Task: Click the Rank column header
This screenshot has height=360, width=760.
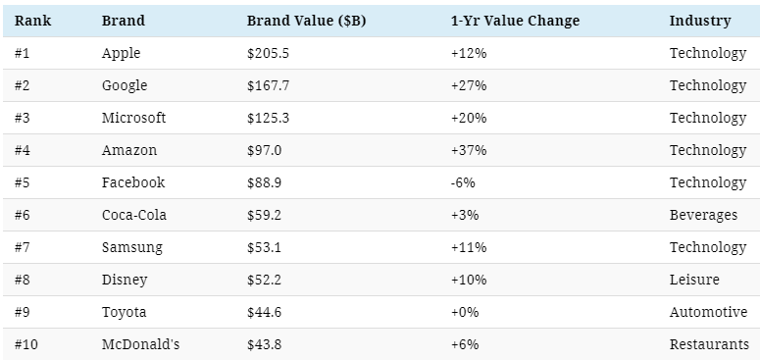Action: [32, 21]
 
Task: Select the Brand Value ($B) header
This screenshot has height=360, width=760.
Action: [306, 21]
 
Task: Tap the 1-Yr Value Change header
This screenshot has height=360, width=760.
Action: [515, 21]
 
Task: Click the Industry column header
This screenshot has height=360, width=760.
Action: [700, 21]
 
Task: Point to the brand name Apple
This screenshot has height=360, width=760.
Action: [122, 53]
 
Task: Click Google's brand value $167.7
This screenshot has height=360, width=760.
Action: [268, 85]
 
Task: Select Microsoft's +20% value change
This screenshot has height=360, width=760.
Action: [469, 119]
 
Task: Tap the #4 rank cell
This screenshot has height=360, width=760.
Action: [23, 150]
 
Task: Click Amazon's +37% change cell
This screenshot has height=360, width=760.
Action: [469, 150]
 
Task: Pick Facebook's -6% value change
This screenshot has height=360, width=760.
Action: [463, 182]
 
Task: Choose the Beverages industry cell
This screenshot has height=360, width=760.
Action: [703, 215]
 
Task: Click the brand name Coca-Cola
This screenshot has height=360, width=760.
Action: [134, 215]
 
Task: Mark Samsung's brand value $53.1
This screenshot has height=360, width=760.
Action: [264, 247]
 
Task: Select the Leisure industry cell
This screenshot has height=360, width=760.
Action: [694, 280]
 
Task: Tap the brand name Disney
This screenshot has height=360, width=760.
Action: [125, 280]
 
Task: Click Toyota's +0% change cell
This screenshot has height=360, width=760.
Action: [465, 313]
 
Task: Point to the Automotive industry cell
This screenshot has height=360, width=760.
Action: [709, 313]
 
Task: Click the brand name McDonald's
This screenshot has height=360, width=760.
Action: [140, 344]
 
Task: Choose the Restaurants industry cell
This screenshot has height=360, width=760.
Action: [710, 344]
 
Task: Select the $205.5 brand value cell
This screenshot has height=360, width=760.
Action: [268, 53]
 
